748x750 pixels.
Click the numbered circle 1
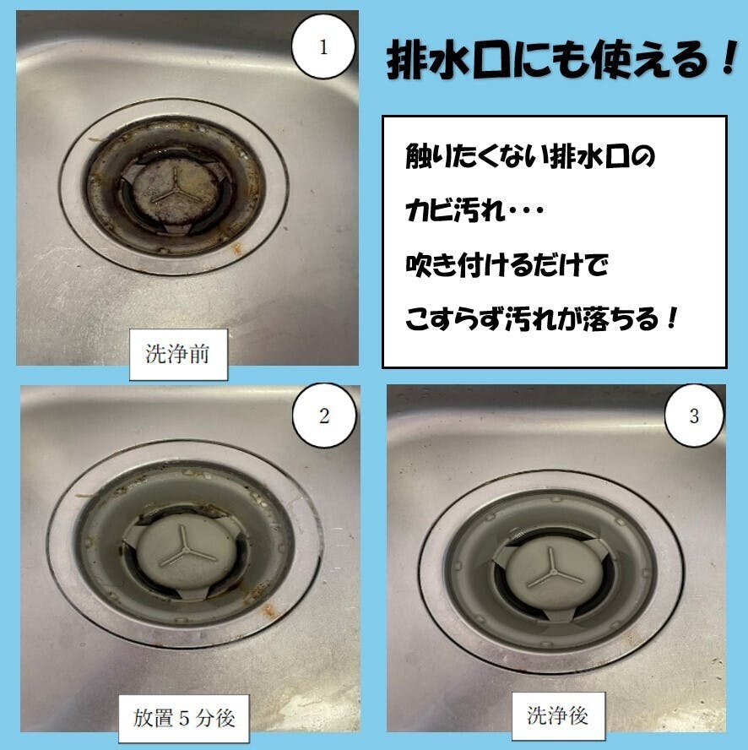(323, 47)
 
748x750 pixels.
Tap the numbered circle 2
(324, 416)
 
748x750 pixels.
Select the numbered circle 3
(694, 416)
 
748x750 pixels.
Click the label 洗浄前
(178, 355)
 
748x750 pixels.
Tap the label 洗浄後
(558, 716)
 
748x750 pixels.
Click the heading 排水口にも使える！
(561, 60)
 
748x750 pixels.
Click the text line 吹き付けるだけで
(507, 264)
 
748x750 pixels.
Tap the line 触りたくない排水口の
(530, 156)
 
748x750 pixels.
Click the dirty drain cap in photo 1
(176, 193)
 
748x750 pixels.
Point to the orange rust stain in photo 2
(268, 609)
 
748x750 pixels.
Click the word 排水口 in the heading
(447, 60)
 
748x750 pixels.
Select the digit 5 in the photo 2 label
(184, 719)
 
